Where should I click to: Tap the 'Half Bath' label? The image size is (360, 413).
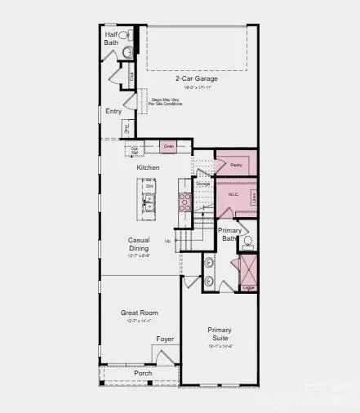pyautogui.click(x=111, y=38)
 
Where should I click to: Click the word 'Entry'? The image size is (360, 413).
pyautogui.click(x=113, y=111)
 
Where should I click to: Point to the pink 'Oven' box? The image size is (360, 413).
pyautogui.click(x=169, y=147)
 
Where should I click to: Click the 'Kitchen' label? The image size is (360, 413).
pyautogui.click(x=148, y=167)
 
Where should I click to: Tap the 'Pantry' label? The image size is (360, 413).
pyautogui.click(x=236, y=165)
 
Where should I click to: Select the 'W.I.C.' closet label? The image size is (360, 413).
pyautogui.click(x=233, y=194)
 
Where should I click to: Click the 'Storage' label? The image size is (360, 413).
pyautogui.click(x=202, y=184)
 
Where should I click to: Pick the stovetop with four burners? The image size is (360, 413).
pyautogui.click(x=184, y=202)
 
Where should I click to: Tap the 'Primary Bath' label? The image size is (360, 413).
pyautogui.click(x=230, y=234)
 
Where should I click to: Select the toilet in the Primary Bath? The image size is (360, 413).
pyautogui.click(x=248, y=242)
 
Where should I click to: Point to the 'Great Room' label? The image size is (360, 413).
pyautogui.click(x=138, y=313)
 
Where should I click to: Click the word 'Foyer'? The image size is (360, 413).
pyautogui.click(x=165, y=339)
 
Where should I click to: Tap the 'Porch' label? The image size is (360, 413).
pyautogui.click(x=143, y=373)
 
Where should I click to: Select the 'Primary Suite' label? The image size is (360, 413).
pyautogui.click(x=219, y=335)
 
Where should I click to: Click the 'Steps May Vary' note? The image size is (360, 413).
pyautogui.click(x=166, y=101)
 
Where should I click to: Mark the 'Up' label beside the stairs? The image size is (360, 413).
pyautogui.click(x=168, y=241)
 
